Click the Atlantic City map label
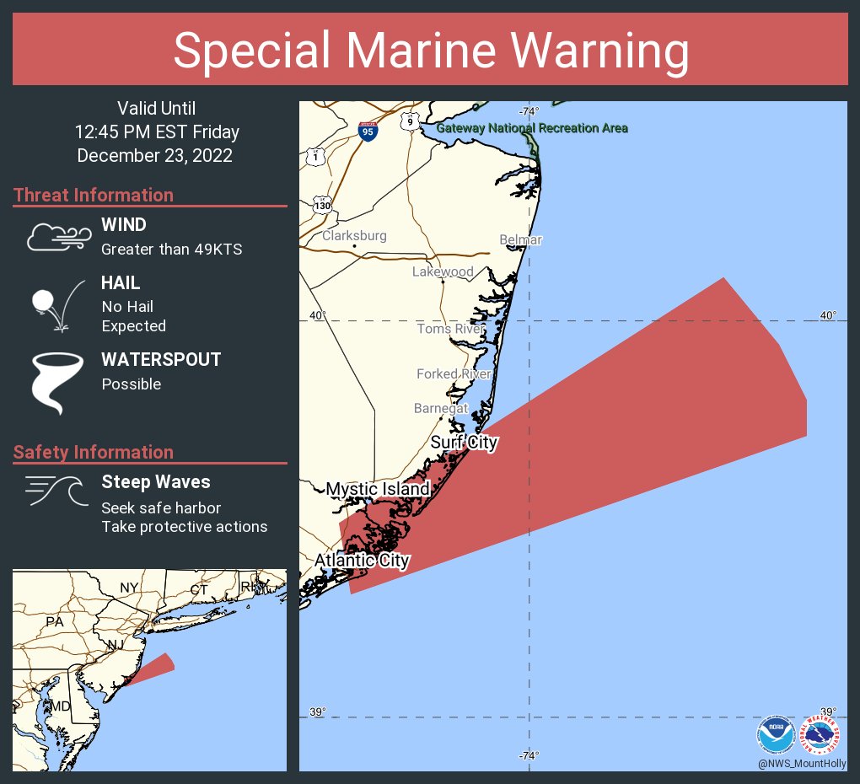point(362,561)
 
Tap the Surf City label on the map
point(464,443)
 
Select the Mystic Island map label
point(378,489)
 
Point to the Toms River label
point(451,329)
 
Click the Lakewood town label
point(443,271)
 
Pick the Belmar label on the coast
point(520,240)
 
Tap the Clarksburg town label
point(354,236)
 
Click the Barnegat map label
point(441,408)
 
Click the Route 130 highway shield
point(322,204)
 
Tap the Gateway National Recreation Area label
point(532,128)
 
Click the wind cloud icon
point(56,238)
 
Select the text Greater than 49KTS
point(171,250)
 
